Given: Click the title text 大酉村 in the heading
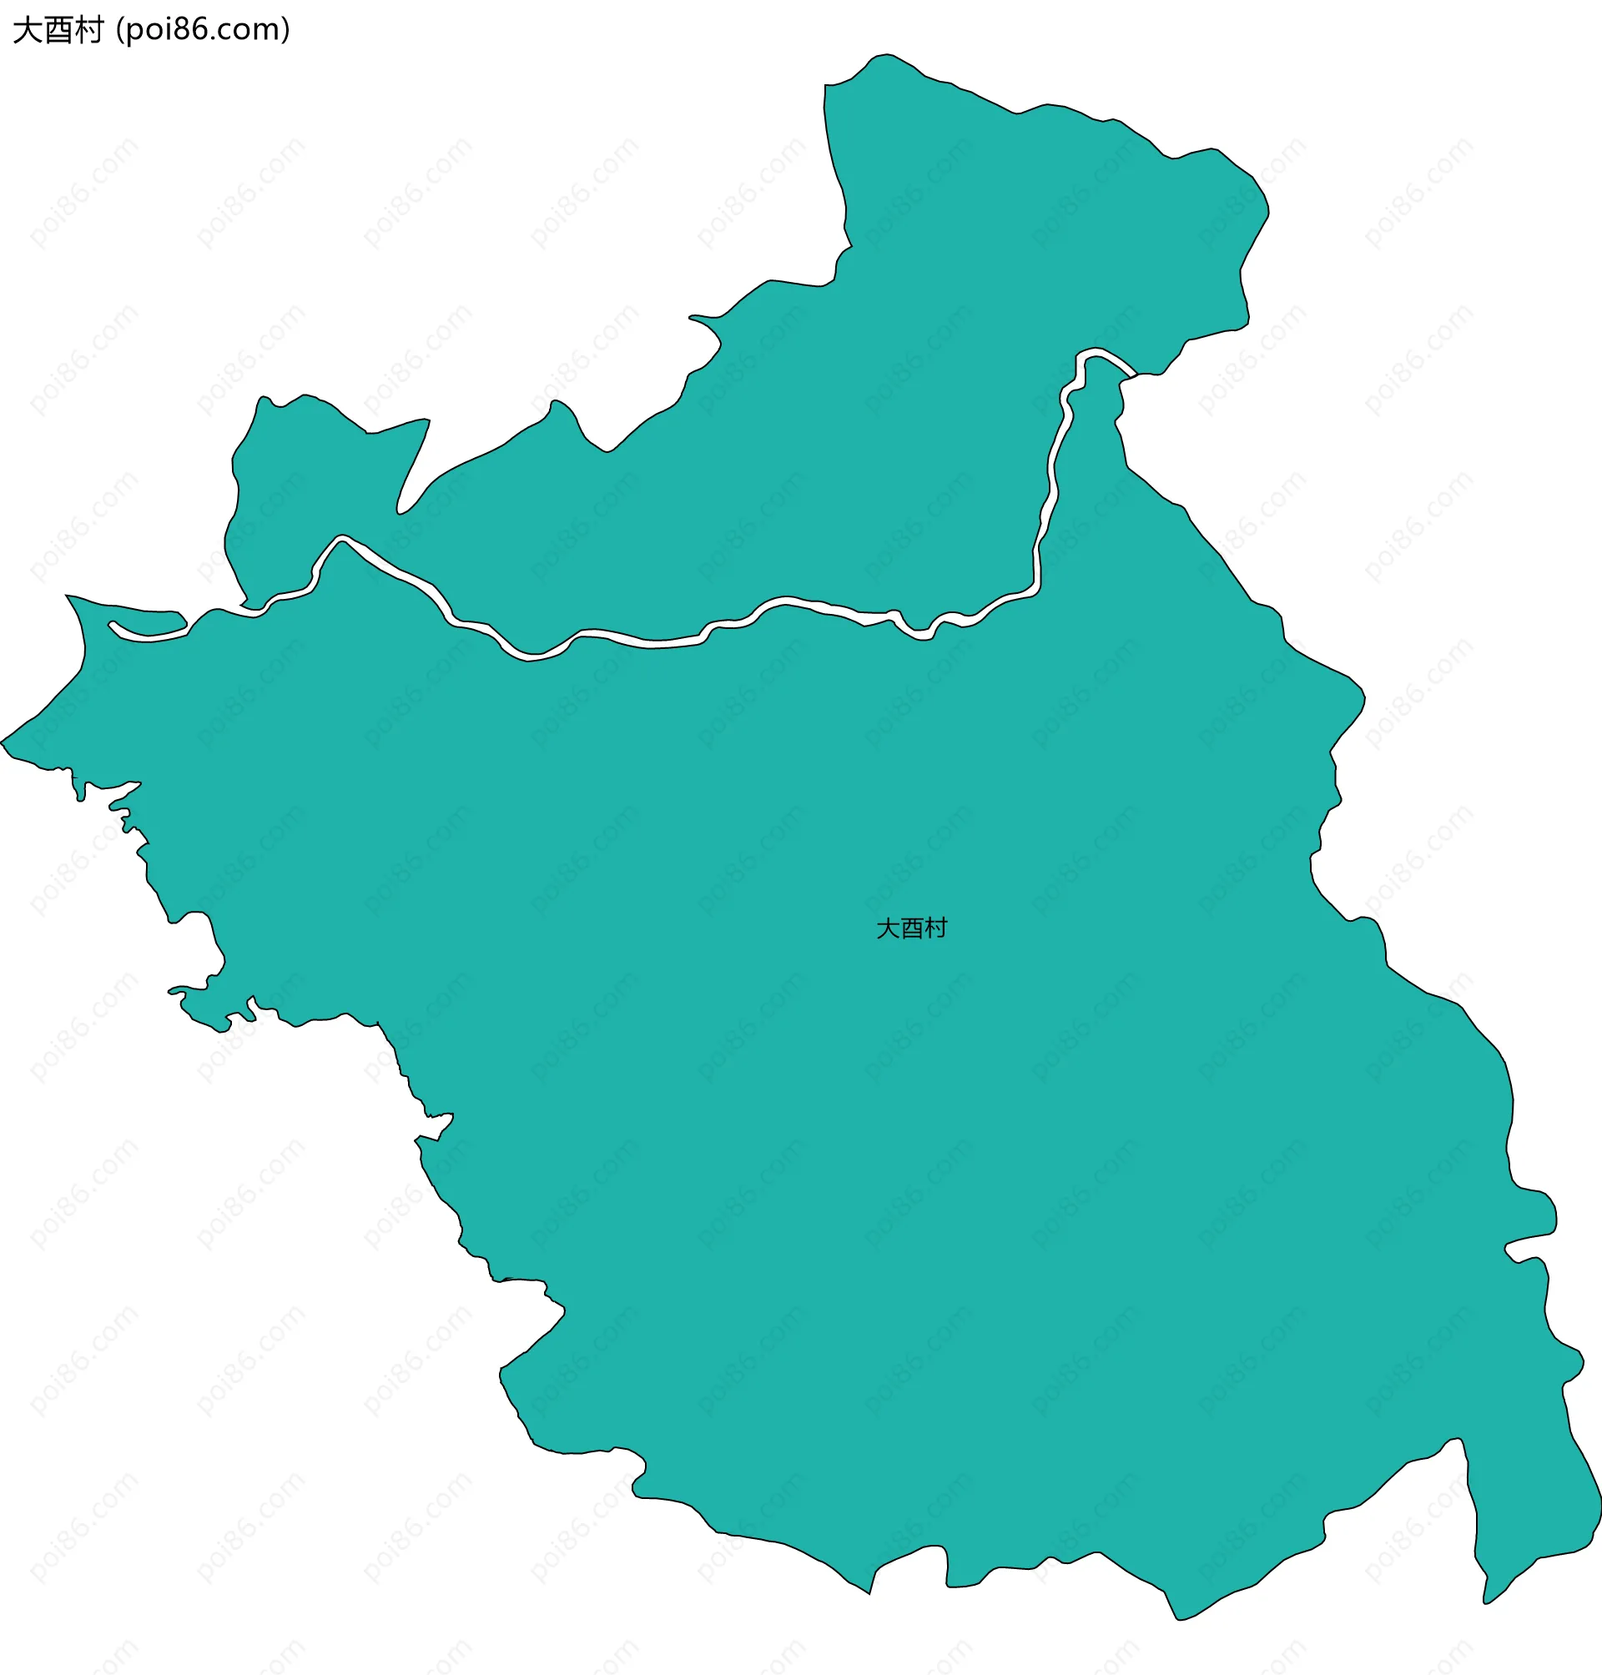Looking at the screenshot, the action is coord(58,31).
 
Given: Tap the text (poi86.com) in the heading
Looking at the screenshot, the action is coord(204,31).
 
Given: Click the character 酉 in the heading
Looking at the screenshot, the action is coord(58,31).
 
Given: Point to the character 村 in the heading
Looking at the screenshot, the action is coord(88,31).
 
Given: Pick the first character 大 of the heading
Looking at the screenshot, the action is coord(28,31).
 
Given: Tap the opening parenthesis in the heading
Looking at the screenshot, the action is coord(119,31).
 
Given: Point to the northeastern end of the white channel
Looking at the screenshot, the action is coord(1132,373).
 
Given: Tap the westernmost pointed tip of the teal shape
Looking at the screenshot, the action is coord(3,742).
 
